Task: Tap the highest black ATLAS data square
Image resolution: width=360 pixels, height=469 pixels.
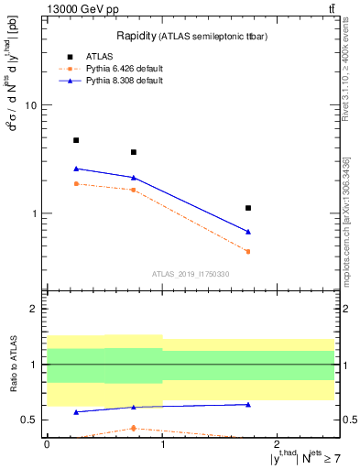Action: pyautogui.click(x=76, y=140)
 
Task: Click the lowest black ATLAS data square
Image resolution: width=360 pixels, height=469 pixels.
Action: pyautogui.click(x=248, y=208)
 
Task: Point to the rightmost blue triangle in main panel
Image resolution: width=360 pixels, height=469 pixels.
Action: pyautogui.click(x=248, y=232)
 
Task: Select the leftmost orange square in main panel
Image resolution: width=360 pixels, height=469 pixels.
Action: pyautogui.click(x=76, y=184)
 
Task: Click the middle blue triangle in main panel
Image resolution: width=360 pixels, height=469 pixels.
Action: pyautogui.click(x=134, y=178)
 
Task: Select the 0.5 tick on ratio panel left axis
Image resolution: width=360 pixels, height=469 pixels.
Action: pyautogui.click(x=30, y=420)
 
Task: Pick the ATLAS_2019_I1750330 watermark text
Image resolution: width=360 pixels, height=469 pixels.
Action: pyautogui.click(x=191, y=274)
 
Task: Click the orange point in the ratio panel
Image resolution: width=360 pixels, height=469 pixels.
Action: pyautogui.click(x=134, y=428)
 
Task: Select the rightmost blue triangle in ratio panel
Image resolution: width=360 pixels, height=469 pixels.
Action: pyautogui.click(x=248, y=404)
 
